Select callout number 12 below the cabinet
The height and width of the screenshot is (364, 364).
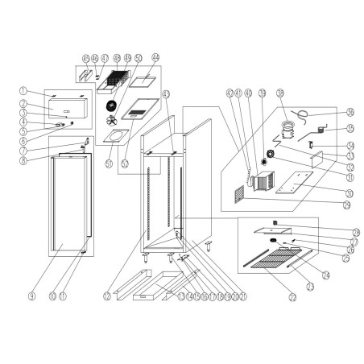pyautogui.click(x=107, y=297)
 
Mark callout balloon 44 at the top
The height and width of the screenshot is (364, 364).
pyautogui.click(x=156, y=57)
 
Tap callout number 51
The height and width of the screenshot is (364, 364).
pyautogui.click(x=110, y=161)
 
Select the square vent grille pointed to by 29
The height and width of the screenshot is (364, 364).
pyautogui.click(x=240, y=194)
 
